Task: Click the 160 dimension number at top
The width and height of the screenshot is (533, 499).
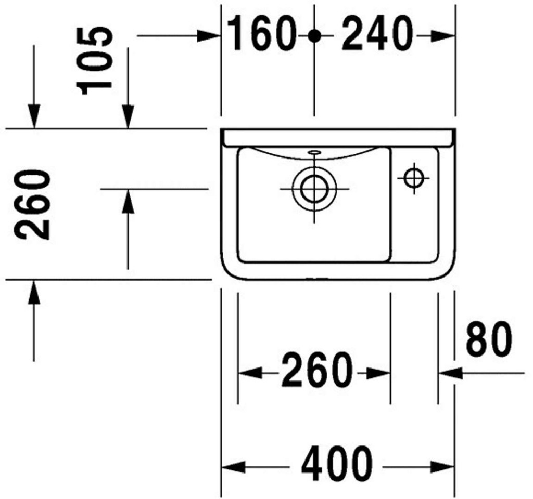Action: pos(260,34)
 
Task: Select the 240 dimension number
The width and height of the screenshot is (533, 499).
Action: pos(377,34)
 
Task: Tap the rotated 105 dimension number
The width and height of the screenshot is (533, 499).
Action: pos(94,61)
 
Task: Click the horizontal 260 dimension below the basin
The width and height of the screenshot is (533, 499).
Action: pos(315,370)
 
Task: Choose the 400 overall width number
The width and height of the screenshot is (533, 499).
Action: pos(337,463)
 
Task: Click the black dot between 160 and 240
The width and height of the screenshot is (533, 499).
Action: pos(314,35)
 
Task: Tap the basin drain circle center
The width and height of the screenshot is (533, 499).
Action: pos(314,189)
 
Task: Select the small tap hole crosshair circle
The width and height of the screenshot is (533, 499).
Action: pos(414,178)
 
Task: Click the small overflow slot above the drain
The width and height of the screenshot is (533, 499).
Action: pos(314,152)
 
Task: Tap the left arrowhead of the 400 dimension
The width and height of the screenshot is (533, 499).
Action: pos(234,467)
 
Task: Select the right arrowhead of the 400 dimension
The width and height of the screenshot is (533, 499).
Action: pos(442,467)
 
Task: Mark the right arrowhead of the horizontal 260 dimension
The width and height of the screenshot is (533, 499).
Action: pos(378,373)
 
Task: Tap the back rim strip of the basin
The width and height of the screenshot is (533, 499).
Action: pos(338,137)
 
